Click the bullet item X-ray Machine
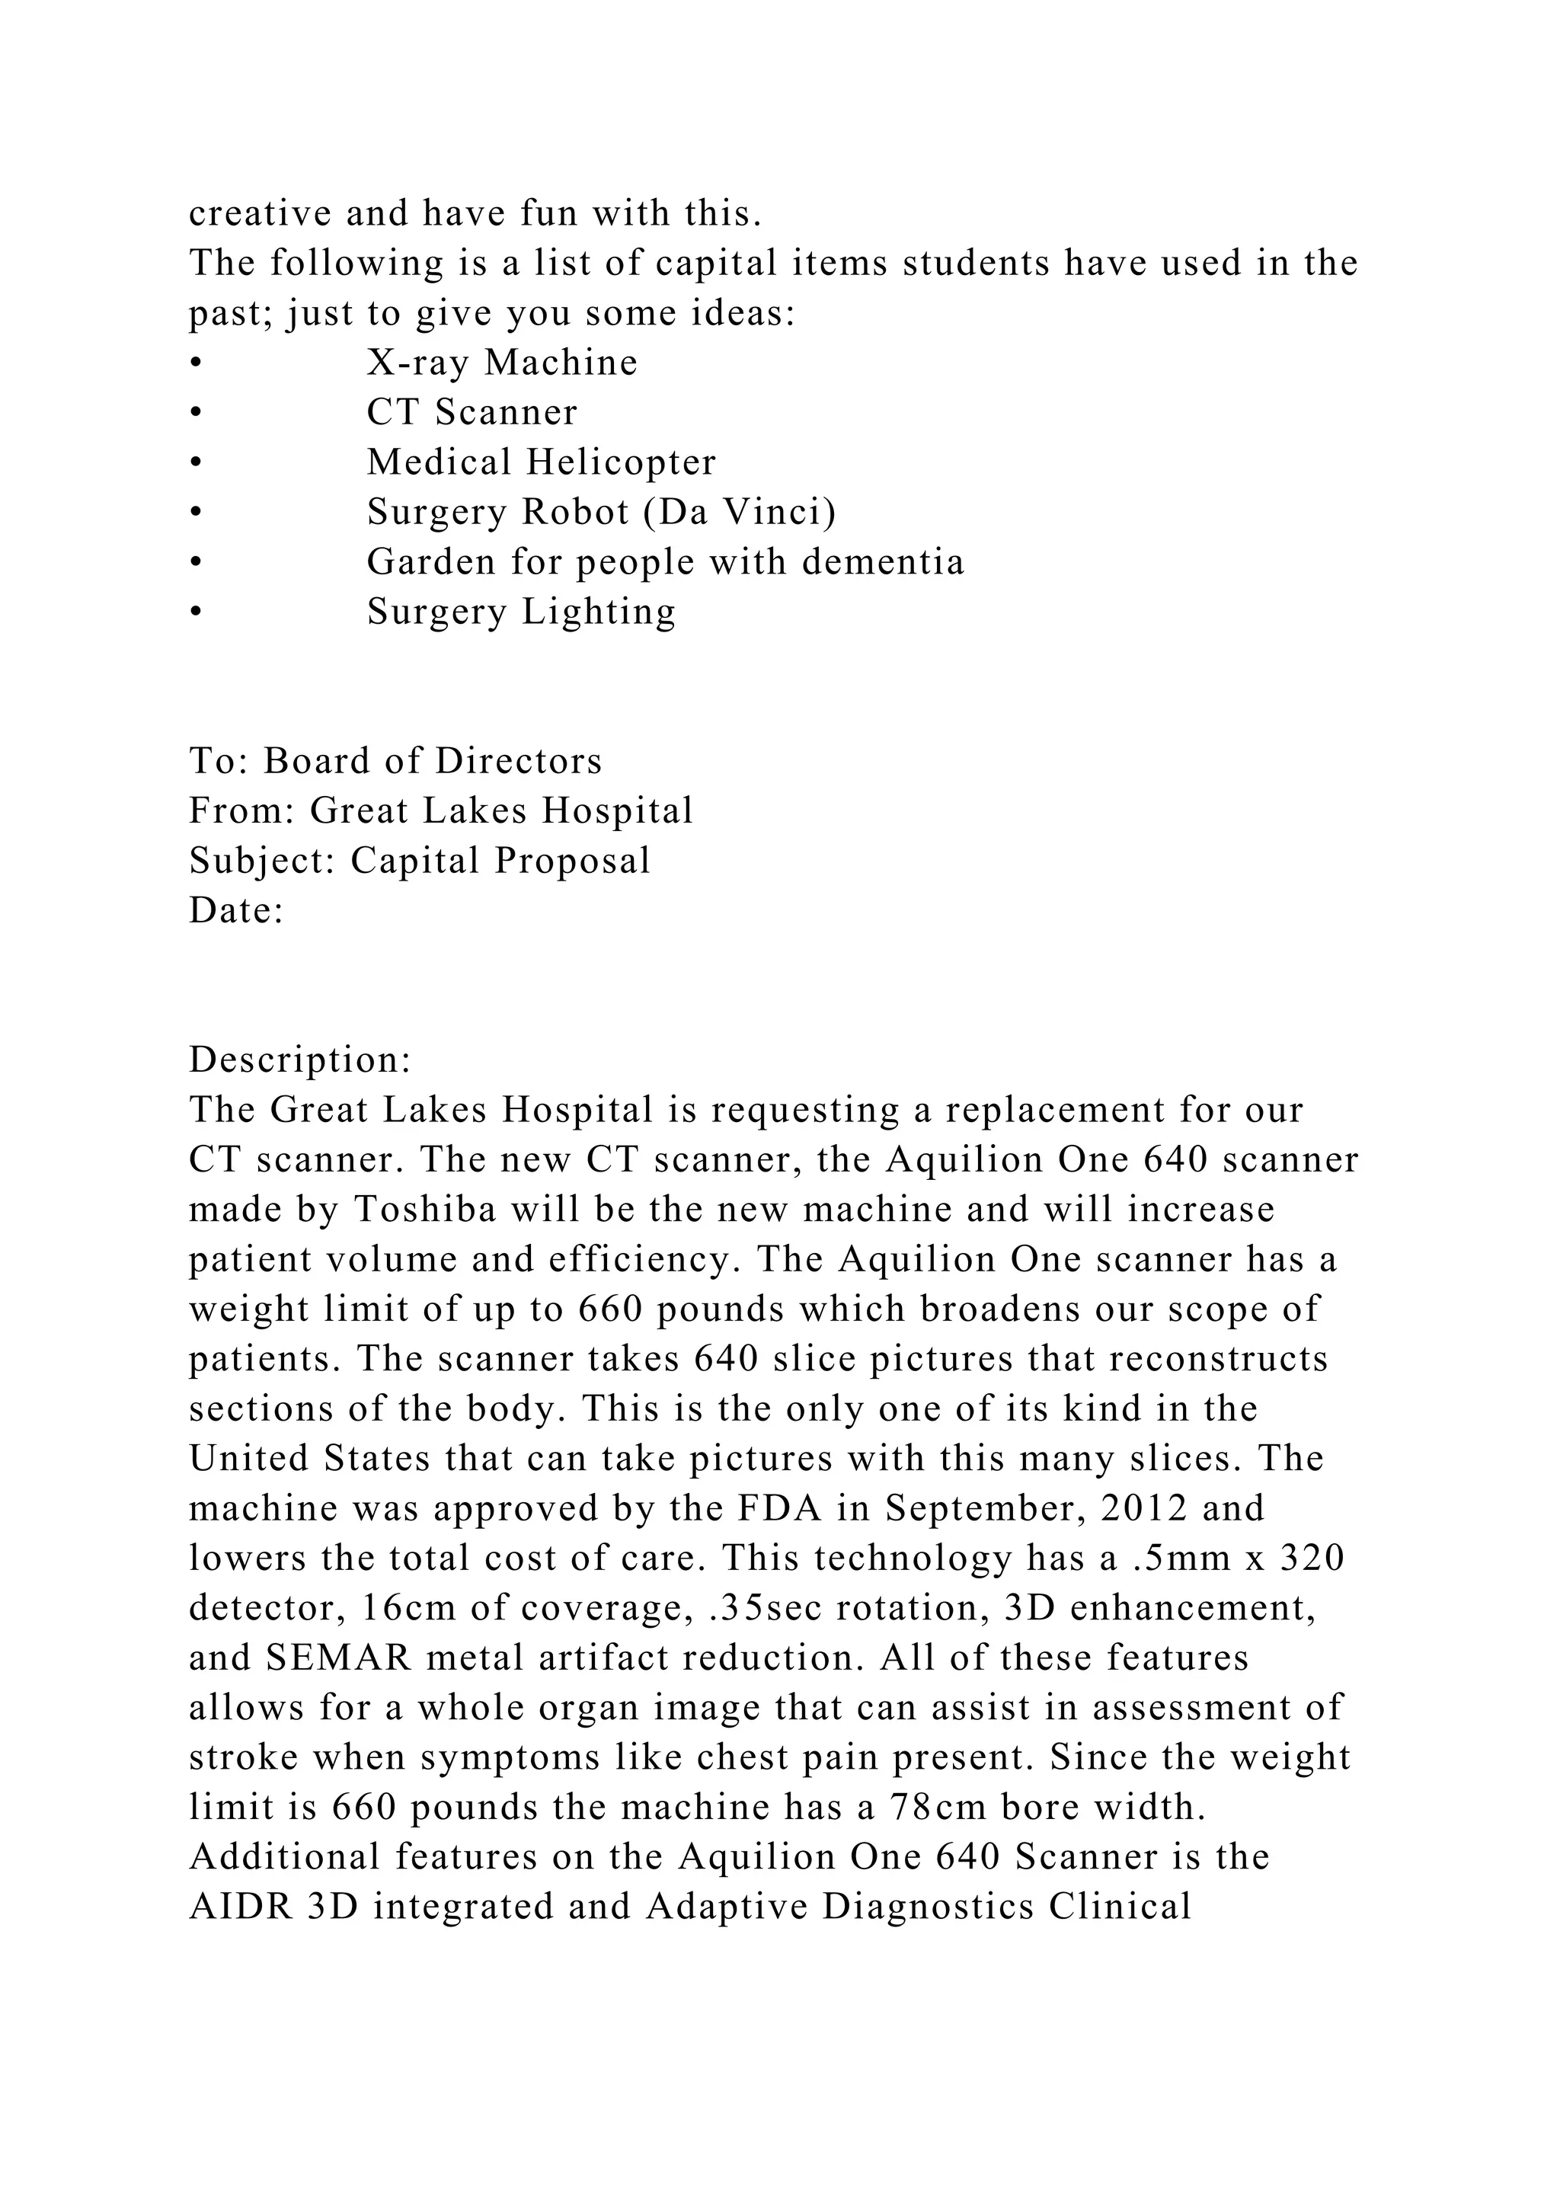point(501,363)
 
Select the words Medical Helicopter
point(541,462)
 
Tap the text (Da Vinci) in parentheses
point(740,512)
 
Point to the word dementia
point(883,562)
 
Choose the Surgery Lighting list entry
point(521,612)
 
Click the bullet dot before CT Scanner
point(195,413)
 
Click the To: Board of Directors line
point(395,761)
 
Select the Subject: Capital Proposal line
point(420,861)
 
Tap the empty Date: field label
point(236,911)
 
